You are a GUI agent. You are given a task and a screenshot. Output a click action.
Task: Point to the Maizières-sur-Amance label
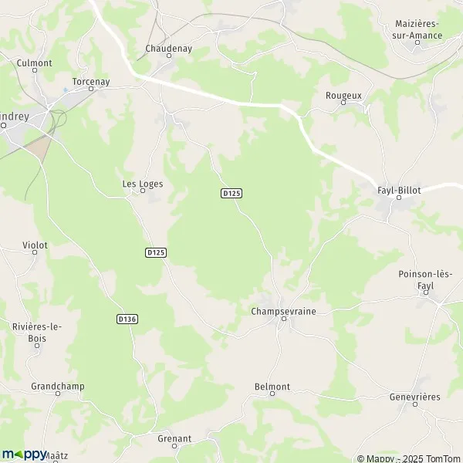[x=417, y=29]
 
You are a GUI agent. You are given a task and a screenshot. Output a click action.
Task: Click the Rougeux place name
[x=343, y=95]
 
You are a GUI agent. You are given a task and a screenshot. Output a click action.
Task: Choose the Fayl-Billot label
[x=399, y=189]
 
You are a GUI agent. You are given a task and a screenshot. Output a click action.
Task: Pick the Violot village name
[x=35, y=245]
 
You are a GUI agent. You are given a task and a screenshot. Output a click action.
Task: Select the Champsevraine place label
[x=283, y=311]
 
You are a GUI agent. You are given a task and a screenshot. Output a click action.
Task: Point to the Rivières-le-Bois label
[x=37, y=332]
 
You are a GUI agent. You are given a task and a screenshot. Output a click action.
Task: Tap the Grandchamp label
[x=58, y=385]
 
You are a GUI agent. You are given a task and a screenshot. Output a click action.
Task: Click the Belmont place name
[x=272, y=386]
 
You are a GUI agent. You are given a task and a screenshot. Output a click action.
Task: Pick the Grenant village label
[x=174, y=438]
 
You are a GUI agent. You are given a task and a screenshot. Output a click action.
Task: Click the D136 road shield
[x=127, y=319]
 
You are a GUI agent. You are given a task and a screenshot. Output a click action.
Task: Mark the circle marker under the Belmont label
[x=272, y=394]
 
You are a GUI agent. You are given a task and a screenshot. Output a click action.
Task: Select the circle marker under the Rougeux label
[x=343, y=103]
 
